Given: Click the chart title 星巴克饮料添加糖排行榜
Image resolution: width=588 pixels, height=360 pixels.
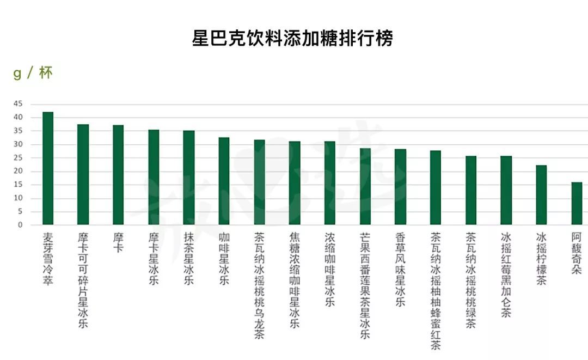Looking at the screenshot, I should click(292, 39).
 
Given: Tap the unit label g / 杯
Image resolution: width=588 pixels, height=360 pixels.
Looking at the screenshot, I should click(32, 74).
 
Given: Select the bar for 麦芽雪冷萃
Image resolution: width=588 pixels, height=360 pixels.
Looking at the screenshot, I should click(48, 168).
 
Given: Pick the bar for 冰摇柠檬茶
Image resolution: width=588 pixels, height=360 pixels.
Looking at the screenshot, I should click(541, 195).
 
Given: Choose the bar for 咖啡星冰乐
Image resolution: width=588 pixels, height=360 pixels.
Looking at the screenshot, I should click(224, 181).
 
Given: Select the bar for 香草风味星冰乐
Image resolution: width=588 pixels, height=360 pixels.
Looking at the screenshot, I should click(400, 187).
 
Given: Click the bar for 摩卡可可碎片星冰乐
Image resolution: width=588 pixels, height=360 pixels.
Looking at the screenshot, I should click(83, 174).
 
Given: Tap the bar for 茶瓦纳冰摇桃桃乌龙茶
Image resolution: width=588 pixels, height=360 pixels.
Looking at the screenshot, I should click(259, 182).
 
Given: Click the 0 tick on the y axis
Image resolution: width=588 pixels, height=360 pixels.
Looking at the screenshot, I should click(20, 224).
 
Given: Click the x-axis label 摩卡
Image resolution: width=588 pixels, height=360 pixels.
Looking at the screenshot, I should click(118, 243).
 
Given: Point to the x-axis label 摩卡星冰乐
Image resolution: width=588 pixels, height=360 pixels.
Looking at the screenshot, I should click(154, 259).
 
